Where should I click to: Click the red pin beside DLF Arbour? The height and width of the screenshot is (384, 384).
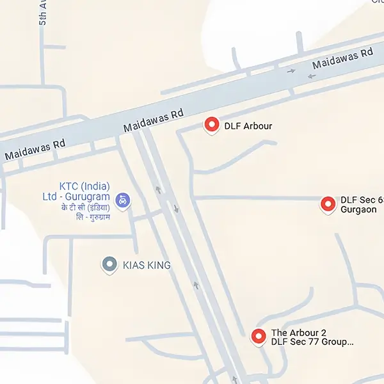click(212, 125)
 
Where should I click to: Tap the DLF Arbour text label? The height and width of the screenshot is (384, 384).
click(248, 126)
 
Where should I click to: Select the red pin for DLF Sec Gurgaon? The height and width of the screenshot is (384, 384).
click(328, 204)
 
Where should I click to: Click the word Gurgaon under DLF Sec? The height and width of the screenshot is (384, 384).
click(358, 209)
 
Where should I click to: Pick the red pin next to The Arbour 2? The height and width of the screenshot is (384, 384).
click(259, 335)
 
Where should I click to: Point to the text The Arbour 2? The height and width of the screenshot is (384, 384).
click(298, 333)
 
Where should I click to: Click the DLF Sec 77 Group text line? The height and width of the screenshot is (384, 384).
click(312, 342)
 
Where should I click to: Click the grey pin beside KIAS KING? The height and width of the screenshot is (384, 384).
click(109, 264)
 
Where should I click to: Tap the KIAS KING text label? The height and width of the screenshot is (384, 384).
click(147, 264)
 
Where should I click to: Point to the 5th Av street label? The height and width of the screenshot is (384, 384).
click(44, 12)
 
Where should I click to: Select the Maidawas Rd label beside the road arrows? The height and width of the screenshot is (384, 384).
click(342, 58)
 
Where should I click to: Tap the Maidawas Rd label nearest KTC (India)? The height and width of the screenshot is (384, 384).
click(35, 150)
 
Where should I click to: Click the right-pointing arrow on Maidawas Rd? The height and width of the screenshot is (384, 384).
click(292, 70)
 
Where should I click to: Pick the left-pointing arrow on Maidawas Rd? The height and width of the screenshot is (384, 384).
click(312, 76)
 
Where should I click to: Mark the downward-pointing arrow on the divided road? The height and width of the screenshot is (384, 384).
click(176, 209)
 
